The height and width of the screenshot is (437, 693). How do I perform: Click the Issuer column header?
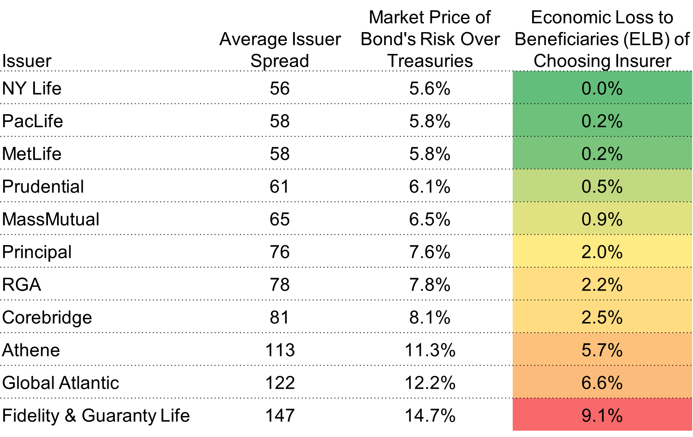coord(27,61)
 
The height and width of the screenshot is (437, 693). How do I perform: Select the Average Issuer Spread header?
coord(280,50)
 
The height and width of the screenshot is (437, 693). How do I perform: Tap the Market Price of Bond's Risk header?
coord(430,39)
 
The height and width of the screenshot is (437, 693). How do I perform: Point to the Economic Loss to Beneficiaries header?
coord(602,39)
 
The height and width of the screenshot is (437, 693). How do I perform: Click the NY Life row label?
coord(32,88)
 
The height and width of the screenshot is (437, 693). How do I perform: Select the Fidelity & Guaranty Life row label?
coord(96,416)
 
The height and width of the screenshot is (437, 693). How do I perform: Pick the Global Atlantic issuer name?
coord(61,383)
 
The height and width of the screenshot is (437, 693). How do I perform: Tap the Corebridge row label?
coord(47,318)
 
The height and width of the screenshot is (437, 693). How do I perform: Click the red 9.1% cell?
coord(602,414)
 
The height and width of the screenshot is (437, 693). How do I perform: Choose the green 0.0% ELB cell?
coord(602,88)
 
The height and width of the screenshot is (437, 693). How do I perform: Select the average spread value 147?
coord(280,416)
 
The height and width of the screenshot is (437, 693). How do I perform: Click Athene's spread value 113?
coord(280,350)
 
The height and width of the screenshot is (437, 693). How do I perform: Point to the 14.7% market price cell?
coord(430,416)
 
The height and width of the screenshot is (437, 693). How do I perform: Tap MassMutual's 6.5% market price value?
coord(430,219)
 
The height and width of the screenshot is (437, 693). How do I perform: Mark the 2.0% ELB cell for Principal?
coord(602,251)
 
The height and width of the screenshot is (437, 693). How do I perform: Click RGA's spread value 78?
coord(280,285)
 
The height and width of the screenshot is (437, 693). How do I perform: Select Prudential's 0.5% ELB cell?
coord(602,186)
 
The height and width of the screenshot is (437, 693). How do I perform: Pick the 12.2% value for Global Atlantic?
coord(430,383)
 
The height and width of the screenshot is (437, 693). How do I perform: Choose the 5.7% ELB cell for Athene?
coord(602,349)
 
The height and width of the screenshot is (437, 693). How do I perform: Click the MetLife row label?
coord(32,154)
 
